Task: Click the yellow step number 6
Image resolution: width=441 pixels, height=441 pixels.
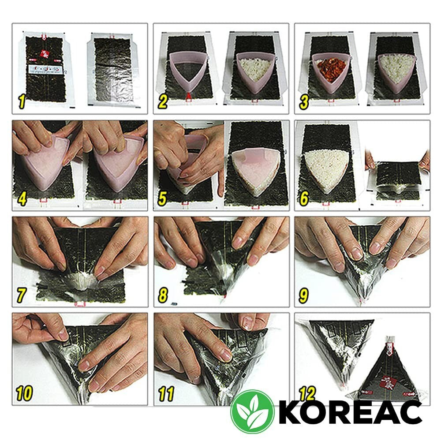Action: (x=303, y=198)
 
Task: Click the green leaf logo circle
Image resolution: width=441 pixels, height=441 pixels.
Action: (x=253, y=412)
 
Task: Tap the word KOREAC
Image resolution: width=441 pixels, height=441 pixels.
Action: (x=350, y=412)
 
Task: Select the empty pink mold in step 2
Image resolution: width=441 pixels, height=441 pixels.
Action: (x=187, y=71)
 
